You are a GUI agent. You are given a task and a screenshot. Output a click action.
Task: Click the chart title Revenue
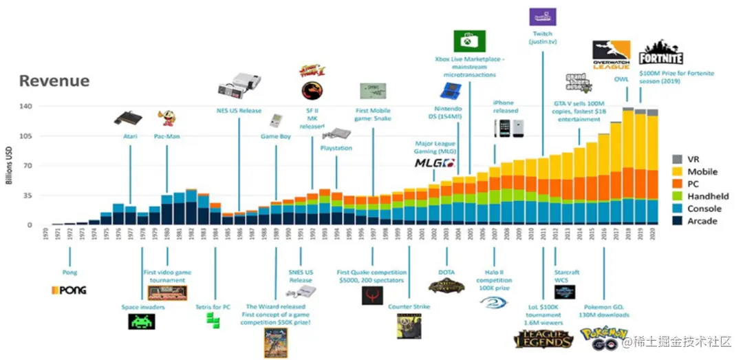click(54, 81)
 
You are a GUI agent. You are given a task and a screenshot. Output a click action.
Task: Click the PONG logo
click(69, 290)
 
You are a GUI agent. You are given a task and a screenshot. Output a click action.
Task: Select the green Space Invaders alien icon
click(142, 321)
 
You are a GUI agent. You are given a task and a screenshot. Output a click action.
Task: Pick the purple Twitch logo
click(543, 17)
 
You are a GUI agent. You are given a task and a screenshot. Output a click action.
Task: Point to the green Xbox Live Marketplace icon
click(470, 41)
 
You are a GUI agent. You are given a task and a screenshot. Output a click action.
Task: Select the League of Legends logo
click(543, 339)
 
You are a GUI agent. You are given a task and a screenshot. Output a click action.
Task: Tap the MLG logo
click(435, 163)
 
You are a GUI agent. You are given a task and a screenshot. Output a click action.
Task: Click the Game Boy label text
click(274, 136)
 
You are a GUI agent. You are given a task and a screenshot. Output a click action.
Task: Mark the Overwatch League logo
click(612, 55)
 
